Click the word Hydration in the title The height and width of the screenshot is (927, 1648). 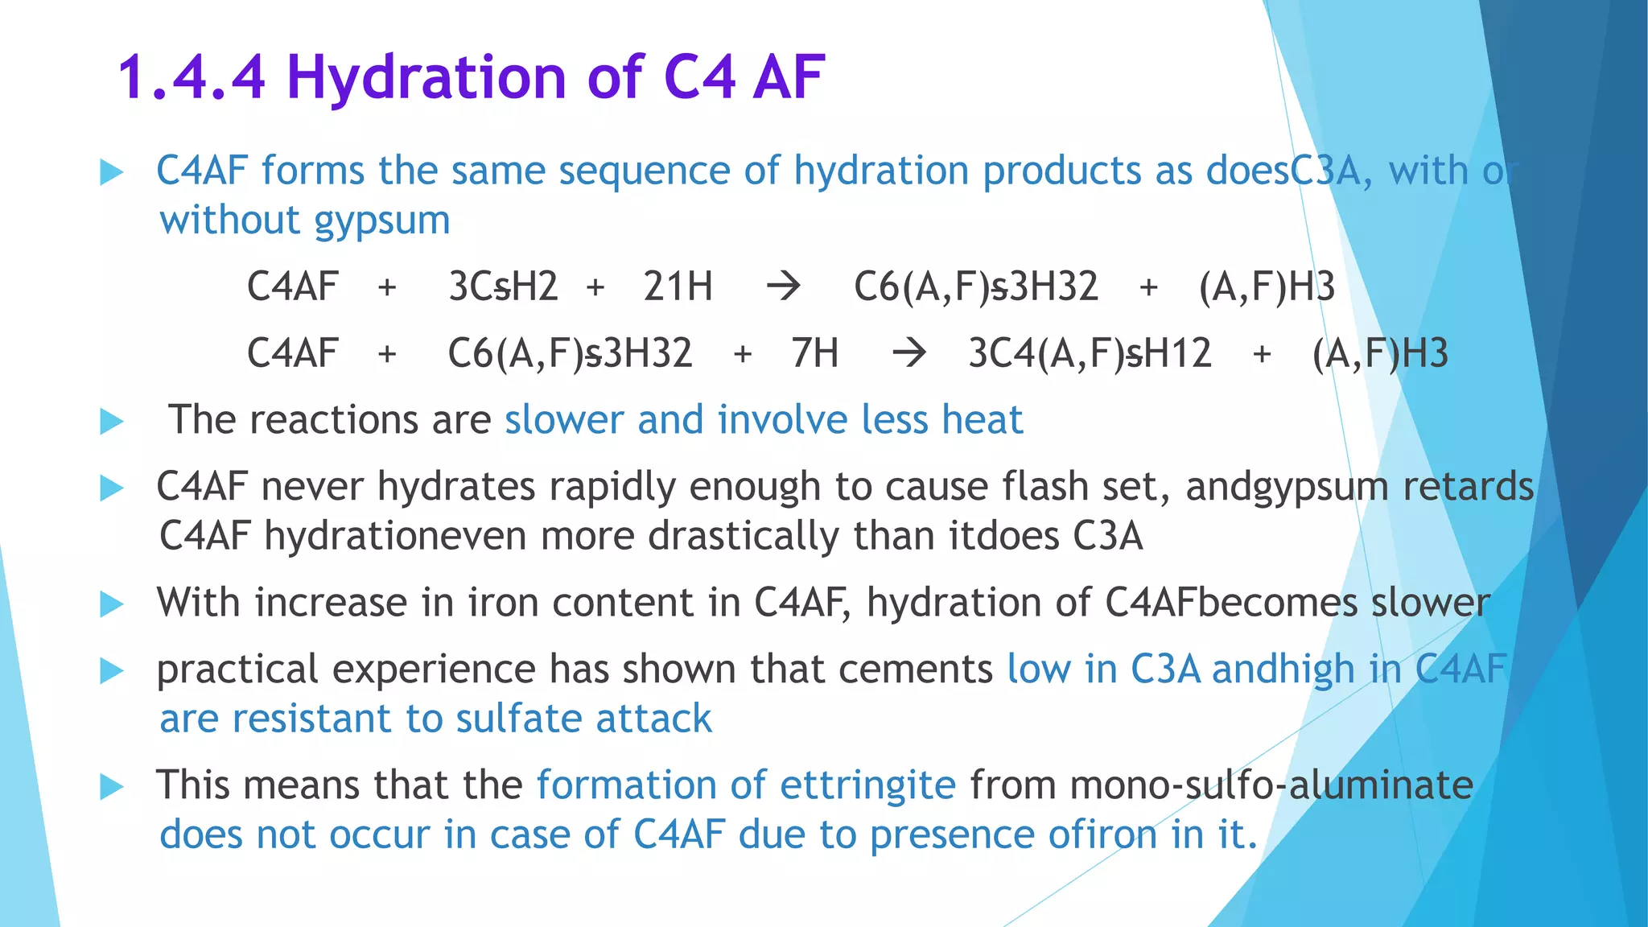(426, 77)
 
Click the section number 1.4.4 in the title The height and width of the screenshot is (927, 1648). (192, 77)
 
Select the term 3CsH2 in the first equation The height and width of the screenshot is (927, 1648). (503, 286)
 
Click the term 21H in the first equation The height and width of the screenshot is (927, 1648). (678, 286)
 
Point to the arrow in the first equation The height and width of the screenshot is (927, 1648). (783, 286)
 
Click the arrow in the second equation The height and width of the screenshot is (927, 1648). (909, 353)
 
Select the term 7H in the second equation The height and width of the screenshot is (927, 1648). (814, 353)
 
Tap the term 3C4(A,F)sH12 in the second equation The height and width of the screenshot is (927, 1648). (1090, 353)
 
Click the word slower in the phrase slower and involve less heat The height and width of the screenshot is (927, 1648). (563, 420)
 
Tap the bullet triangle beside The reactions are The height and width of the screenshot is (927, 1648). (112, 421)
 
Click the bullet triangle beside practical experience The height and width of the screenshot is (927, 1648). (112, 670)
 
